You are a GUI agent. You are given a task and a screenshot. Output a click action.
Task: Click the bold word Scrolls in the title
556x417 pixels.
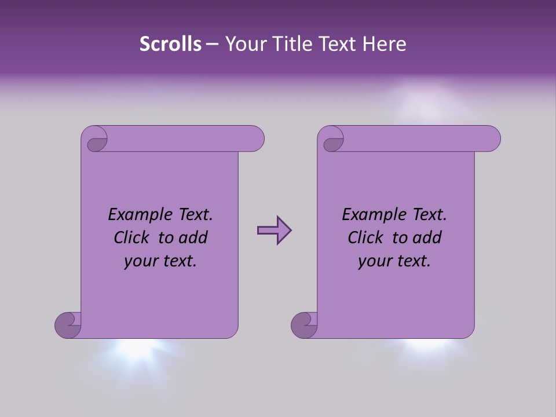click(170, 43)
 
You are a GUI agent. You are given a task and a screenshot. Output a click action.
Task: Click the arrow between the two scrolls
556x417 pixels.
click(274, 231)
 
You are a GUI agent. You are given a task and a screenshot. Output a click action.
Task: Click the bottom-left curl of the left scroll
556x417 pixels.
click(68, 324)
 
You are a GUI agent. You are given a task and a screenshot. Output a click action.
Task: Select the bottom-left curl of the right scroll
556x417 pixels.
click(304, 324)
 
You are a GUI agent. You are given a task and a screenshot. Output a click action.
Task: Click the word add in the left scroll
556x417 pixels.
click(192, 237)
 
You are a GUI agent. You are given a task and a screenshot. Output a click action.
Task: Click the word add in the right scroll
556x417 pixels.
click(426, 237)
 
